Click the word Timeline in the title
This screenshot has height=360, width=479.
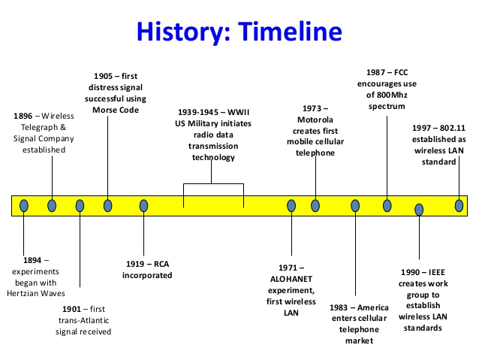(x=290, y=32)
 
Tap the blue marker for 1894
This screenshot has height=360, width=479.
(x=24, y=206)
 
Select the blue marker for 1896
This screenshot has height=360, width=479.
(x=52, y=206)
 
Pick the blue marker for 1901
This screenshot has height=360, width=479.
(x=80, y=206)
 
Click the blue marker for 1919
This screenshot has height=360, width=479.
(x=143, y=206)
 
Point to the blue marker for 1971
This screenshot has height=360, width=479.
(x=291, y=206)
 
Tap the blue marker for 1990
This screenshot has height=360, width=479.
(x=419, y=210)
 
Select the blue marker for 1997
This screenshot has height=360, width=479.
(x=459, y=206)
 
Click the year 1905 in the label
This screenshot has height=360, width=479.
(x=104, y=76)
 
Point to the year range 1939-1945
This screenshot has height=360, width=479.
(x=198, y=112)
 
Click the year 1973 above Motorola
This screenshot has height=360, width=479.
(x=312, y=108)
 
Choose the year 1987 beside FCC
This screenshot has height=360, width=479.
(x=375, y=72)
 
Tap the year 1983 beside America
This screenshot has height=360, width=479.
(x=339, y=307)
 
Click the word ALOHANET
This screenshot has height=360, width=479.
(x=291, y=279)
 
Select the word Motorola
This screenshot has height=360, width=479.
(x=315, y=119)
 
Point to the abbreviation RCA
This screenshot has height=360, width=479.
(x=161, y=264)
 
